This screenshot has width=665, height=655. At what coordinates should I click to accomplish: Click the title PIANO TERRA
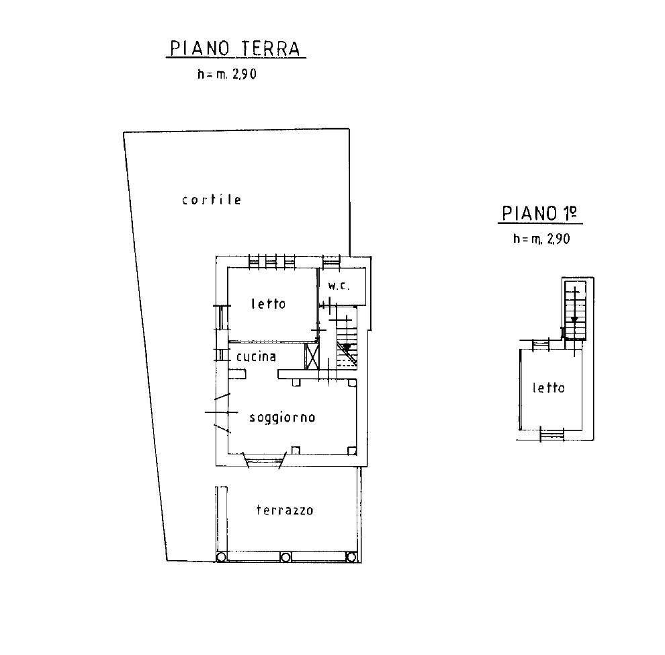[236, 49]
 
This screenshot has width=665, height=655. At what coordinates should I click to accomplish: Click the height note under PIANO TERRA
[227, 75]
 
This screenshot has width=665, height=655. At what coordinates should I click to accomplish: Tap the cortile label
[211, 200]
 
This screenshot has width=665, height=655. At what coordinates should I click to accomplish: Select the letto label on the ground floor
[268, 304]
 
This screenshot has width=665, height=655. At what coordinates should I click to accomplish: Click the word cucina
[255, 356]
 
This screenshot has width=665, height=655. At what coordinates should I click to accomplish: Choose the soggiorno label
[282, 418]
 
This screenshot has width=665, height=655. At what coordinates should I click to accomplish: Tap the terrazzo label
[285, 510]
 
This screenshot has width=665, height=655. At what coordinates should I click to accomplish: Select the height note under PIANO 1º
[541, 239]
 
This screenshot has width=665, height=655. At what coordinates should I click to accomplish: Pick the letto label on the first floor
[548, 388]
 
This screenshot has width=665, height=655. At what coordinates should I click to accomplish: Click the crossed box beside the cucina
[312, 356]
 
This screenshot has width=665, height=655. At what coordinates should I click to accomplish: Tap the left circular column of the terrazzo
[221, 557]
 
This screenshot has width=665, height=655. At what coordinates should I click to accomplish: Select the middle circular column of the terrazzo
[285, 557]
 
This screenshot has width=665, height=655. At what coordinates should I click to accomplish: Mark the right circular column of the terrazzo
[351, 557]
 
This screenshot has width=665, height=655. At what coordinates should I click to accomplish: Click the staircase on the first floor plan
[574, 309]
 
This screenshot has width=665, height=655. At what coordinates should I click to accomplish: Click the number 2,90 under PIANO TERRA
[243, 75]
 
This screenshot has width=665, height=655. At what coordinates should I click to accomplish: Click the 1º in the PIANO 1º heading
[570, 214]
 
